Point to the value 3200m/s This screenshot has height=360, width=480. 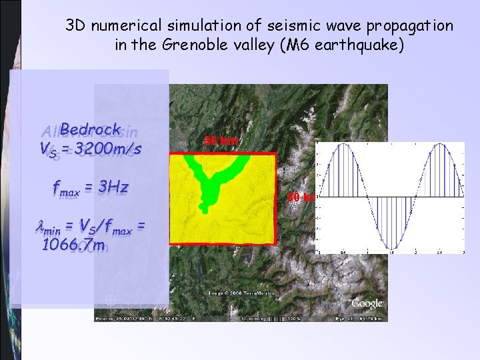click(x=108, y=149)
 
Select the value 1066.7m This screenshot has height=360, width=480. click(x=73, y=245)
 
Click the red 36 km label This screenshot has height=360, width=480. click(x=220, y=141)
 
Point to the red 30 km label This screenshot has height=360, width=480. click(x=301, y=197)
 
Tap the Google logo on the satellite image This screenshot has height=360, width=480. click(x=367, y=303)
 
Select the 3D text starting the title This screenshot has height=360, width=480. click(x=75, y=27)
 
